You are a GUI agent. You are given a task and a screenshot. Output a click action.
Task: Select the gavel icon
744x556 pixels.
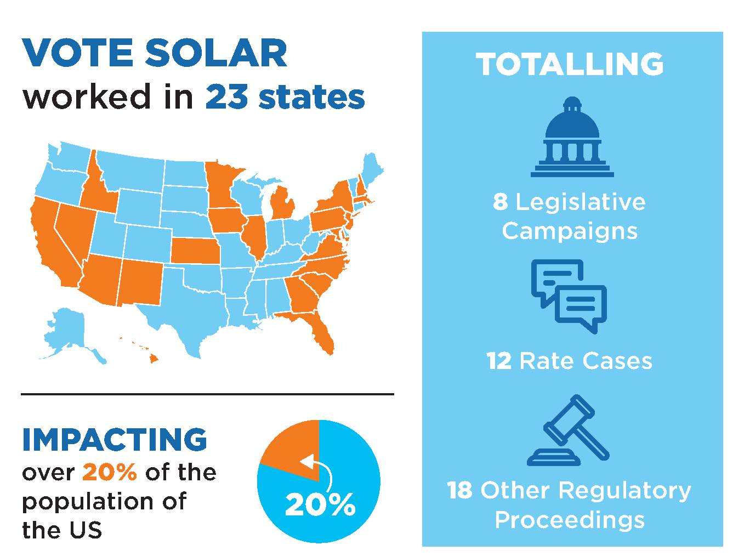pos(569,430)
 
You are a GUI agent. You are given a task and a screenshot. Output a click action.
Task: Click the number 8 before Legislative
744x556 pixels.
pos(500,202)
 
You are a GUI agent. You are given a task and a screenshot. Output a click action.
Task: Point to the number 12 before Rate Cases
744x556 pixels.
pos(499,361)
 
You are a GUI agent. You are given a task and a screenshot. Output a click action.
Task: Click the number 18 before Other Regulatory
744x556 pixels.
pos(459,490)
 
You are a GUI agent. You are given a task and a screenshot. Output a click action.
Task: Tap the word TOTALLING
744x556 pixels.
pos(570,64)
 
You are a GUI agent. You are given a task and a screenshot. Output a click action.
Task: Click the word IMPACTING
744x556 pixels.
pos(115,440)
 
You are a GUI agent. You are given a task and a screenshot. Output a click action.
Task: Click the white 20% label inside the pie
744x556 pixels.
pos(320,505)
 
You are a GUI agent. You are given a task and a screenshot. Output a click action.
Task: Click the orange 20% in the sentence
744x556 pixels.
pos(109,472)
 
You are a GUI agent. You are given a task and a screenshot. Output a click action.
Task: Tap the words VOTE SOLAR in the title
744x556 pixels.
pos(155,53)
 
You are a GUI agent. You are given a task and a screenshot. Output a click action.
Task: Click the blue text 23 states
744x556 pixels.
pos(285,97)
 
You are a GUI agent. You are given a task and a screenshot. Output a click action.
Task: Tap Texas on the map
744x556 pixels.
pos(186,307)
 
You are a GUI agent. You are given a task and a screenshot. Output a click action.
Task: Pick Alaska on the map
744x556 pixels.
pos(69,332)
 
